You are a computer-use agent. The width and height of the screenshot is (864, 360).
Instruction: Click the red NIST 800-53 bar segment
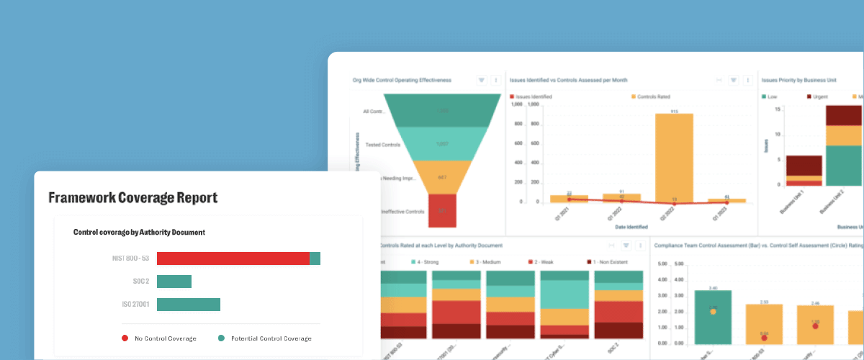[233, 258]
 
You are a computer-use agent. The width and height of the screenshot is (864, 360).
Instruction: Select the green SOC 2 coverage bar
[174, 282]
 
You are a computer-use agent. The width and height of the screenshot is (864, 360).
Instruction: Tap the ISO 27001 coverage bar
[188, 305]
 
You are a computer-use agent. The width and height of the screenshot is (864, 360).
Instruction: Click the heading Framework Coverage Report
[132, 197]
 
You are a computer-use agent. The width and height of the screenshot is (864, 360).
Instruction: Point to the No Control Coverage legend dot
[125, 338]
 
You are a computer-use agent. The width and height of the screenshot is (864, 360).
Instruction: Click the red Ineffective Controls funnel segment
[443, 210]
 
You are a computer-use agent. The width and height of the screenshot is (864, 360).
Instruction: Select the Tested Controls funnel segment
[443, 144]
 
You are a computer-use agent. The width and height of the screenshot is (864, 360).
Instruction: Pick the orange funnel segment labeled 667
[443, 177]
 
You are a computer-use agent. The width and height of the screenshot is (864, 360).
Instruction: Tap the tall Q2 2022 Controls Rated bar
[674, 158]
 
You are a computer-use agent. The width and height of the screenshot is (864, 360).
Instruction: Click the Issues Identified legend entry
[531, 96]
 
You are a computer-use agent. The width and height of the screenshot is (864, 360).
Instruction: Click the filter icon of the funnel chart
[482, 81]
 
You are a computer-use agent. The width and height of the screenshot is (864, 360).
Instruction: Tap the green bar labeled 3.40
[713, 317]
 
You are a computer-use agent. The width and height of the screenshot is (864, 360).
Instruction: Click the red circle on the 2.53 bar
[763, 337]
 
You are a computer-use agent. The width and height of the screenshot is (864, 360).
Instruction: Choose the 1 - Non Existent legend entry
[612, 263]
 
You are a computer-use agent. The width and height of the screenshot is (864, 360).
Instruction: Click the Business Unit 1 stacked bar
[804, 171]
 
